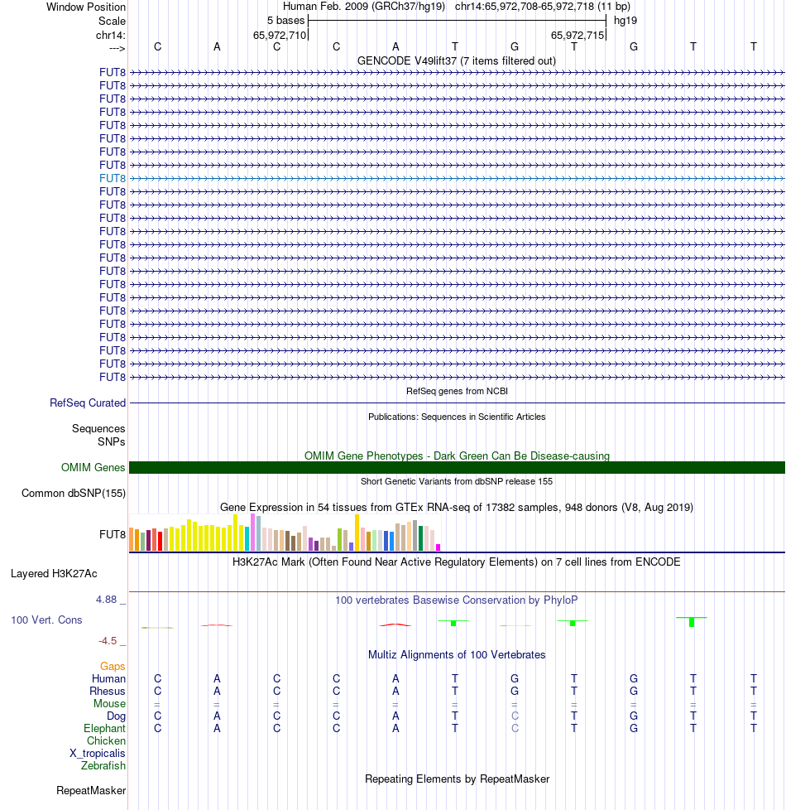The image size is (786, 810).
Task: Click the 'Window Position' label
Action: tap(86, 7)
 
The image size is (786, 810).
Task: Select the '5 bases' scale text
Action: tap(285, 20)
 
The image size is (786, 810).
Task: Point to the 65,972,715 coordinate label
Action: tap(578, 35)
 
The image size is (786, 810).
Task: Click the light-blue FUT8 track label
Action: tap(113, 178)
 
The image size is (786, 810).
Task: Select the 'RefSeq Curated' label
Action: tap(88, 403)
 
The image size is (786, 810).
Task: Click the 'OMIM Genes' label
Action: tap(93, 468)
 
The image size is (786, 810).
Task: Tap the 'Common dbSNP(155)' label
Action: tap(74, 494)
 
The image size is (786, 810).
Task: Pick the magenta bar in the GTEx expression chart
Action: tap(439, 547)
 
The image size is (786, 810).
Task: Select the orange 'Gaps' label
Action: tap(113, 666)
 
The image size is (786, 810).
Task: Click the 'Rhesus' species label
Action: tap(108, 691)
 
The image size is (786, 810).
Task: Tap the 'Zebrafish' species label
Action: tap(103, 765)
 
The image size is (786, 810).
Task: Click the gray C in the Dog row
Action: tap(515, 716)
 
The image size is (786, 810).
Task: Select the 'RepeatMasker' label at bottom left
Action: tap(91, 791)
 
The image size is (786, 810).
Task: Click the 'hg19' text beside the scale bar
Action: tap(625, 20)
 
